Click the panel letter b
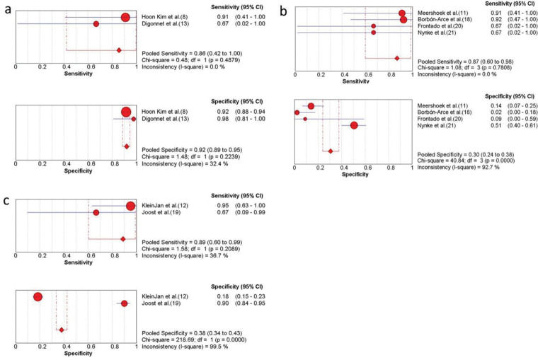pos(284,10)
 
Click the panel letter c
pos(6,200)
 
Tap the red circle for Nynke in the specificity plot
pos(355,126)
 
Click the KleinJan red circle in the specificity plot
pos(38,297)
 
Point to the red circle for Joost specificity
pos(124,303)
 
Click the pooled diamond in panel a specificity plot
pos(127,146)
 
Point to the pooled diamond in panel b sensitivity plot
pos(397,58)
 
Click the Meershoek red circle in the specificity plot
pos(311,106)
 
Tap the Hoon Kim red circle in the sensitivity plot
pos(125,17)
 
